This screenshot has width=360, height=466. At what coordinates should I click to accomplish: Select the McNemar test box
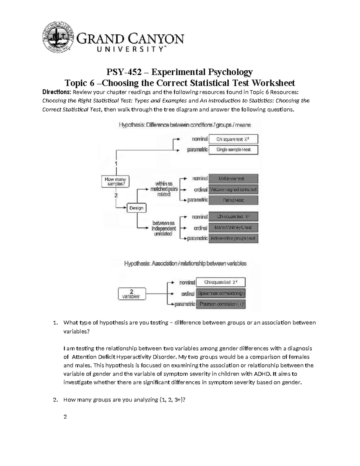coord(233,179)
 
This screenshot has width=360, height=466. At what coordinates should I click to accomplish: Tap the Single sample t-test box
coord(233,149)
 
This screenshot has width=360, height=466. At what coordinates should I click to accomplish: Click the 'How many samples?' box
coord(115,182)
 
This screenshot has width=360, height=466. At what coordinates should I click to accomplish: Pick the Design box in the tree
coord(136,208)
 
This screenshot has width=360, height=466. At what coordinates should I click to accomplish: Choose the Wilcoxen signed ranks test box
coord(233,189)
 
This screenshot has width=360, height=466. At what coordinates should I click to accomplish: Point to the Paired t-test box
coord(233,200)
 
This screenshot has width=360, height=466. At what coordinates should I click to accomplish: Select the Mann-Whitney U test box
coord(233,227)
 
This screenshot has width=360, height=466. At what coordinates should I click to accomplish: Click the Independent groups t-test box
coord(233,239)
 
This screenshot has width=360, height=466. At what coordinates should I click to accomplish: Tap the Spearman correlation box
coord(221,293)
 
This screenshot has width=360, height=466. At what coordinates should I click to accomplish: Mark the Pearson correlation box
coord(221,304)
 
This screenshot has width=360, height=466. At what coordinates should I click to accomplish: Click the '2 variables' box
coord(131,294)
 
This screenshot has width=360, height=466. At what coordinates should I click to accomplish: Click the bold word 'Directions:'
coord(55,92)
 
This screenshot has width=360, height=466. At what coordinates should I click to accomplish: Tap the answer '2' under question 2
coord(65,417)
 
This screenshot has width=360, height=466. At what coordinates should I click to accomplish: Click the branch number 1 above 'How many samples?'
coord(116,164)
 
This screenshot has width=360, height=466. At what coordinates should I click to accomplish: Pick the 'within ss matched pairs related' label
coord(163,189)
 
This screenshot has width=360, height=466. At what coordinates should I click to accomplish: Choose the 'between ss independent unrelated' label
coord(163,228)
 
